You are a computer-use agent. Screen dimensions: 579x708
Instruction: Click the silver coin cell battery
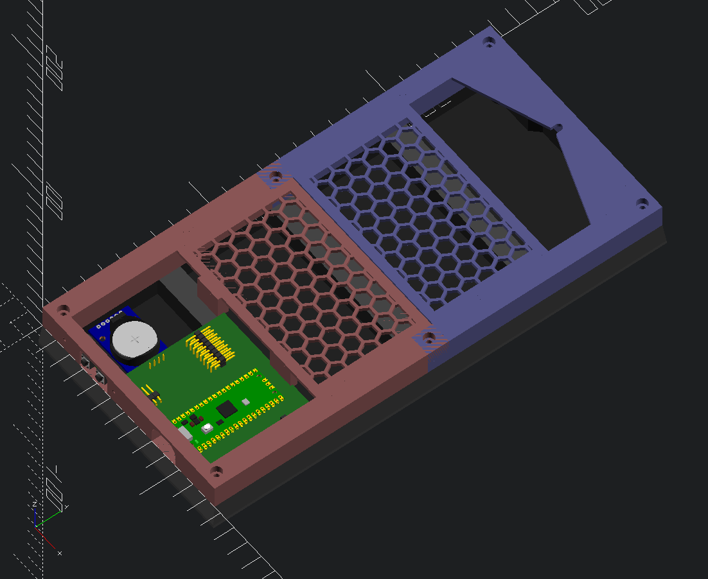(135, 338)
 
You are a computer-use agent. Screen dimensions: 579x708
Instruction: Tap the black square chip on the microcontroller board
(226, 409)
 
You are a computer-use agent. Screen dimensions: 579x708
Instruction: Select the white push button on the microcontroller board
(207, 428)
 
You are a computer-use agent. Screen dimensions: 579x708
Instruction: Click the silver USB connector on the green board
(185, 433)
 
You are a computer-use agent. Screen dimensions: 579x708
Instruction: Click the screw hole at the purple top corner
(489, 44)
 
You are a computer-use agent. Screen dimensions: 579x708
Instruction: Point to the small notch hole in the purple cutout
(558, 127)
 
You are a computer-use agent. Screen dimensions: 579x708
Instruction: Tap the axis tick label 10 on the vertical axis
(54, 200)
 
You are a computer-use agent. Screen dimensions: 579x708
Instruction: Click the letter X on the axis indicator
(60, 553)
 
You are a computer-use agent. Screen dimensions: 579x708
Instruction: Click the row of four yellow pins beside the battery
(155, 364)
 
